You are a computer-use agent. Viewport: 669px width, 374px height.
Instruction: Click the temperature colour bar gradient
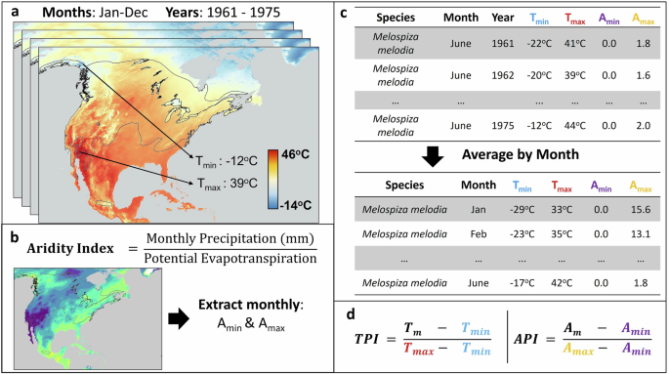click(268, 180)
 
